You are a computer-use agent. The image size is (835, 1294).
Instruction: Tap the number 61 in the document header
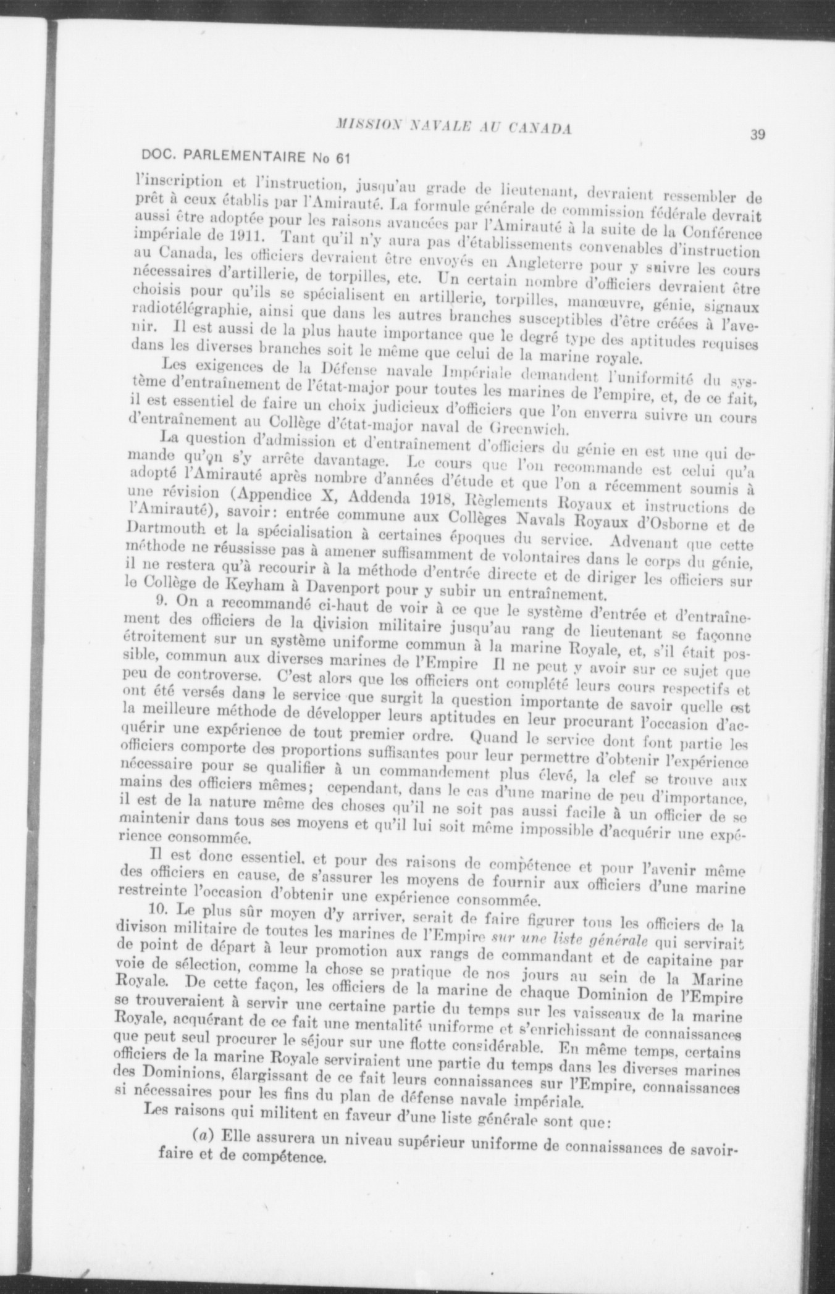[343, 157]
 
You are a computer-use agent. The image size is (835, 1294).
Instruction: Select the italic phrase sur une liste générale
[568, 941]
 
